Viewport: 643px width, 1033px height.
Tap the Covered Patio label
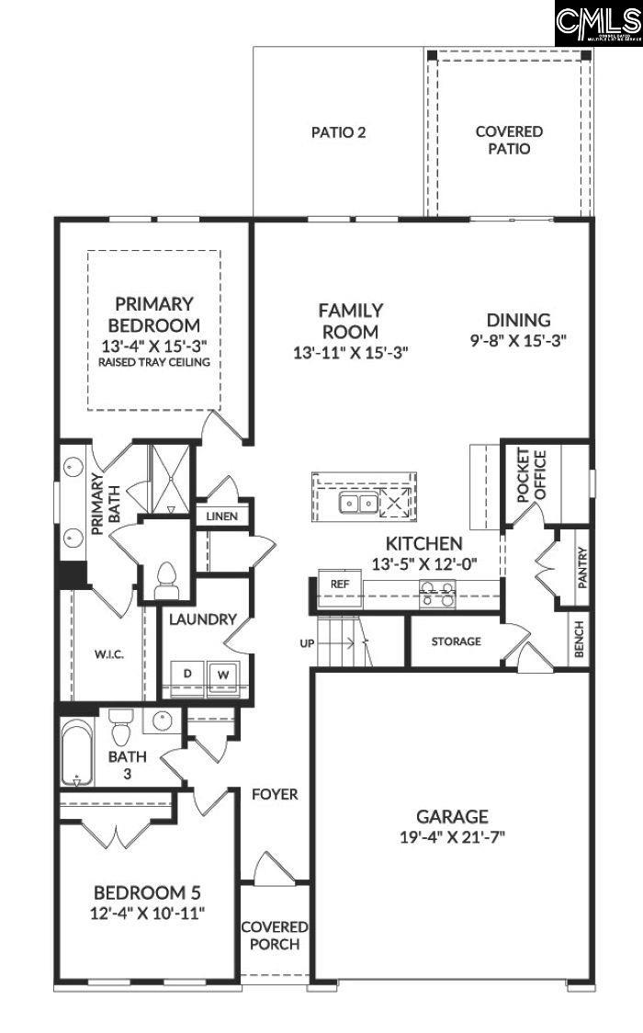(508, 140)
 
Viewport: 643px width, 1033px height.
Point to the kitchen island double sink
(356, 503)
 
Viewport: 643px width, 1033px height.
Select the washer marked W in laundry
(221, 674)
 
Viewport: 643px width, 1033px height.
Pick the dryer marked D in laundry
(187, 674)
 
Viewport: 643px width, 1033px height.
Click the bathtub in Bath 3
(76, 752)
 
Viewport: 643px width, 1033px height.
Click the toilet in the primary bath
(166, 576)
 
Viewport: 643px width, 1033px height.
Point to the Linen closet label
(221, 516)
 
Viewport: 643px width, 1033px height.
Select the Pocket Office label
(530, 475)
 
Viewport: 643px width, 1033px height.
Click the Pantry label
(581, 568)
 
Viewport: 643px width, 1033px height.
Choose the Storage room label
(456, 641)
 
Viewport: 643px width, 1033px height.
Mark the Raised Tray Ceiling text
(153, 362)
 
